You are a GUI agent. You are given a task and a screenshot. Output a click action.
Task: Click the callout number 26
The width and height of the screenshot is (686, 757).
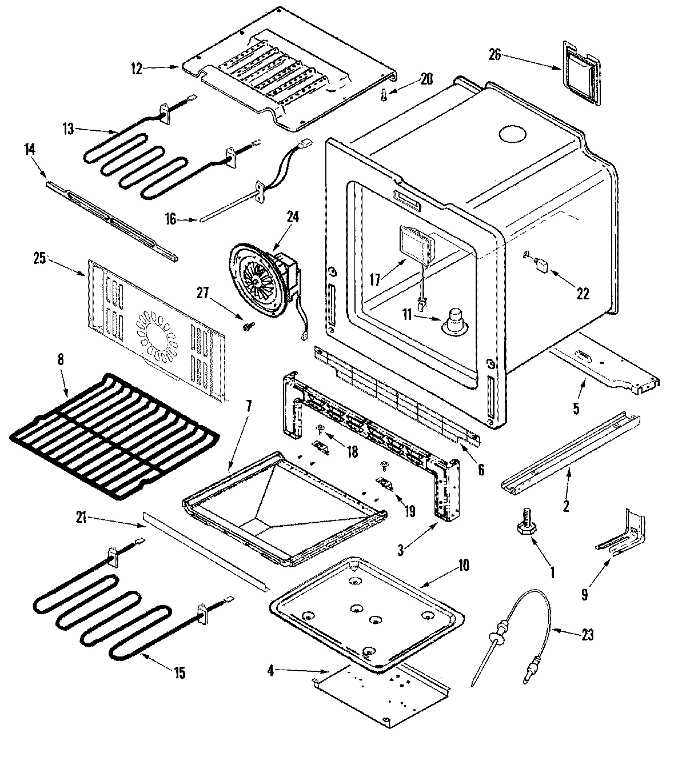496,55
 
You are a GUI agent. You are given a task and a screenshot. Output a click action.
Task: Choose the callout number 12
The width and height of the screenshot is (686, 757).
136,69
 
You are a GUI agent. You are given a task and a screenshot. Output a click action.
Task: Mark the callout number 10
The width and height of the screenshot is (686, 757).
462,566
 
